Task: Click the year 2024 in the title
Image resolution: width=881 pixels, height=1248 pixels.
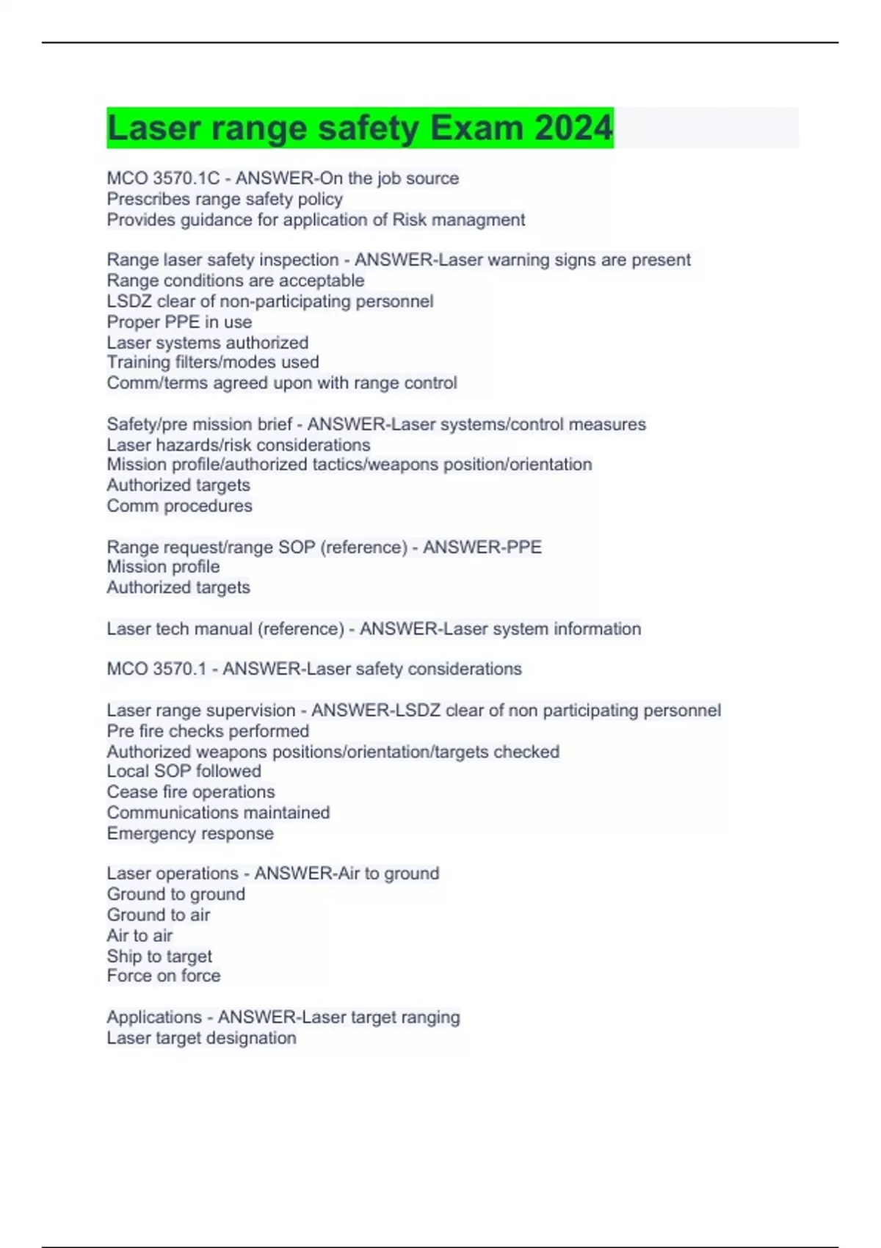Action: (x=573, y=128)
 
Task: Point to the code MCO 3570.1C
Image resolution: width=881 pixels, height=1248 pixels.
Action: (x=163, y=178)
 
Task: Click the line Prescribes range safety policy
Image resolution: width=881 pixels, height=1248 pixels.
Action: (x=225, y=199)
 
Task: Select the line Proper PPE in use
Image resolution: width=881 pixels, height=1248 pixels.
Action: (x=179, y=322)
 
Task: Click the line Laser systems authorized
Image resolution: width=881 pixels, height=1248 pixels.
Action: (x=208, y=342)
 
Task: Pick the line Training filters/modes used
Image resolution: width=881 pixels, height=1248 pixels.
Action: (x=213, y=362)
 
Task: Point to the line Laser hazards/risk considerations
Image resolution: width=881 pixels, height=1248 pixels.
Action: (x=239, y=445)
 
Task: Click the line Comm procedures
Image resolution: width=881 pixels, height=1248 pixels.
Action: (x=179, y=506)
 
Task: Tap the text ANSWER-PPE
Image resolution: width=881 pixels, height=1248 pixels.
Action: (x=482, y=547)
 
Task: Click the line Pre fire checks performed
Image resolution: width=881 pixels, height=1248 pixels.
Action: (x=208, y=731)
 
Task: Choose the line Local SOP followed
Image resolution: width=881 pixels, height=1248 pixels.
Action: (x=184, y=771)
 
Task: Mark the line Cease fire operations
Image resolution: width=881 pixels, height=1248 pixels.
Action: (x=191, y=791)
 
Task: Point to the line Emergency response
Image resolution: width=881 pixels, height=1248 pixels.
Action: (x=190, y=833)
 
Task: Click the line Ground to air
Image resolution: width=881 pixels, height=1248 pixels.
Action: (x=159, y=915)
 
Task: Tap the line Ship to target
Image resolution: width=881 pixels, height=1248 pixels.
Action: (x=159, y=956)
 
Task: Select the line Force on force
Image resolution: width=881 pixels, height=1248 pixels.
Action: (x=164, y=976)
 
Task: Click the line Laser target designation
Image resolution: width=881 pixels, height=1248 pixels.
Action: (x=202, y=1038)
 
